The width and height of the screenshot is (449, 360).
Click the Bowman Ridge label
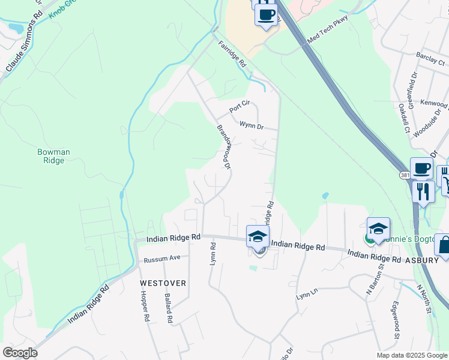pos(53,157)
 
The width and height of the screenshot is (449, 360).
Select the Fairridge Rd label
pos(232,53)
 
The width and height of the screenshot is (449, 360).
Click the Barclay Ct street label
pos(431,62)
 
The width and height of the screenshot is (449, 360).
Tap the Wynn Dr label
pos(252,126)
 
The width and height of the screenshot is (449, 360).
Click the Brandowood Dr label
pos(224,148)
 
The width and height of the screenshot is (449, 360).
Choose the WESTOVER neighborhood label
pos(163,283)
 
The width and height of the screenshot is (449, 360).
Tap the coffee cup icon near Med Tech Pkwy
pos(266,14)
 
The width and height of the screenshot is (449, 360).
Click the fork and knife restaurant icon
pos(424,192)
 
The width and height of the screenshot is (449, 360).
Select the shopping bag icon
pos(444,245)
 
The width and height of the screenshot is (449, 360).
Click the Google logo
pos(20,352)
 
